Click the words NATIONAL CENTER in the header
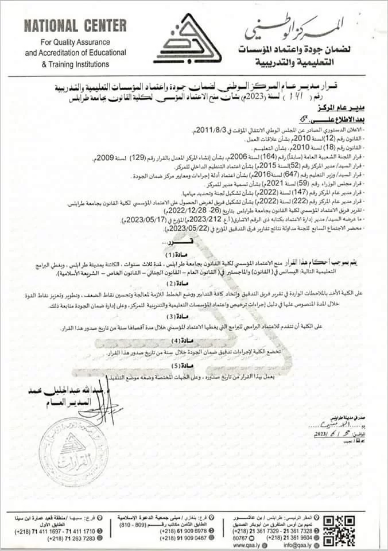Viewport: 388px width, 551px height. point(76,26)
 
